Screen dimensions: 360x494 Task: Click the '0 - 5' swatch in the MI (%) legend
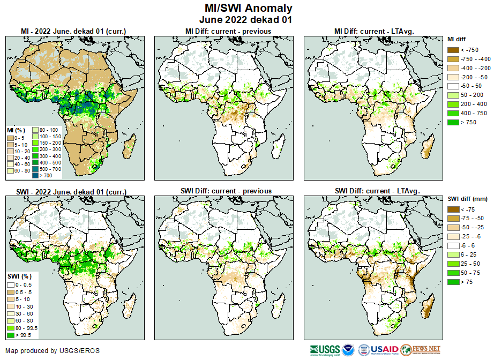(x=11, y=138)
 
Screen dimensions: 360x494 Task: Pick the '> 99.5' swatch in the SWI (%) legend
(x=11, y=335)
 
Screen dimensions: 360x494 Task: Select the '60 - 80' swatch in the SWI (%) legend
(x=11, y=320)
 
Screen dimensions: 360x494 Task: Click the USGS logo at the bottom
(x=324, y=350)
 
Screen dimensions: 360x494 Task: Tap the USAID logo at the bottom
(x=384, y=350)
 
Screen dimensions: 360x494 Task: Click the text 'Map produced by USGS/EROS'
(x=53, y=351)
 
